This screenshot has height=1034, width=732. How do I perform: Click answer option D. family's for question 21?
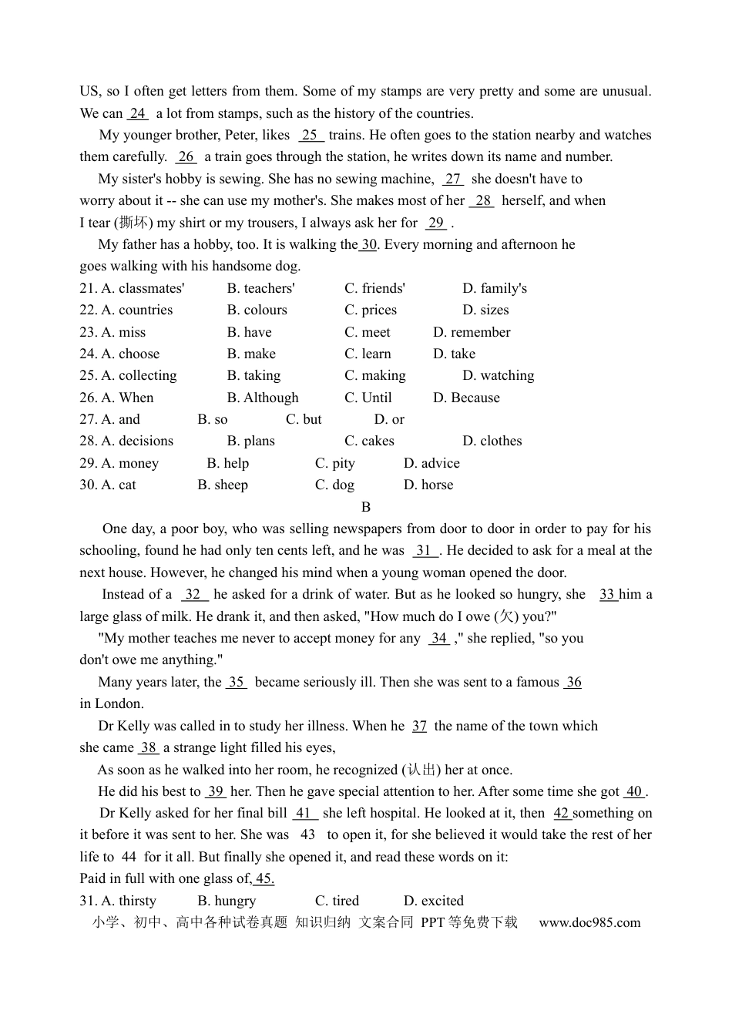coord(495,288)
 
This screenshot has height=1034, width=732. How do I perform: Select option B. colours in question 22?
coord(257,310)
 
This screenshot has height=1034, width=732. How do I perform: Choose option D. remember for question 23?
coord(472,332)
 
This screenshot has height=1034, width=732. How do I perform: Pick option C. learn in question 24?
coord(368,354)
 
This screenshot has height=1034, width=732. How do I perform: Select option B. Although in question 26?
coord(263,398)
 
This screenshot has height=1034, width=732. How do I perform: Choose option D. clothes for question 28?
coord(492,441)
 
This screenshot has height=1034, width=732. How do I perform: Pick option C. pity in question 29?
coord(334,463)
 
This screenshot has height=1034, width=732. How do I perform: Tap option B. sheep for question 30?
coord(223,485)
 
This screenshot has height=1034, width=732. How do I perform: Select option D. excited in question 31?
coord(433,901)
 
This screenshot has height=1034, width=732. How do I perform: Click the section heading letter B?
coord(366,507)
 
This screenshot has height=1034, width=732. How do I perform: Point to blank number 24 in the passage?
coord(138,113)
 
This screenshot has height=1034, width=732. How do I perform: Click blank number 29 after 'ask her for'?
coord(436,223)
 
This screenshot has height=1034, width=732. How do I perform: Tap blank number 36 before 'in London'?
coord(573,682)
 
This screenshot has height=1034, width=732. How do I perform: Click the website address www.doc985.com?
coord(589,922)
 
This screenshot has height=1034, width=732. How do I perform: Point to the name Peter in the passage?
coord(240,135)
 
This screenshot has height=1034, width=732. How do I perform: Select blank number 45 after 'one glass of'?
coord(264,878)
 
